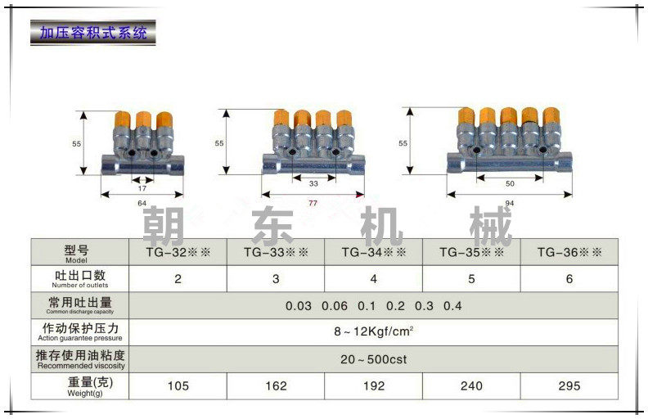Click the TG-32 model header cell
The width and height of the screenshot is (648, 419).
pos(178,253)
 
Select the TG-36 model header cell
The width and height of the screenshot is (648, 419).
pos(569,253)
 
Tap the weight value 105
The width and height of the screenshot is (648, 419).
pos(178,385)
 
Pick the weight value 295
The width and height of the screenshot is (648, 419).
pos(569,385)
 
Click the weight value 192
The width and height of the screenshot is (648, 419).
pos(374,385)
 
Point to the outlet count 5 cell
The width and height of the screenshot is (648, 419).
pos(471,278)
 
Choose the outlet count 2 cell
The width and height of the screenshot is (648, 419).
pos(178,278)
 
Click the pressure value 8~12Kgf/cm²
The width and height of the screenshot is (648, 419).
pos(374,332)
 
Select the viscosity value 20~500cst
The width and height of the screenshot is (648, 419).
pos(374,359)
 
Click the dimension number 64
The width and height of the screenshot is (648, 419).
pos(142,203)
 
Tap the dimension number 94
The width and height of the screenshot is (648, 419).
pos(509,202)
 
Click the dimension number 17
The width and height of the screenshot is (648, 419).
pos(142,187)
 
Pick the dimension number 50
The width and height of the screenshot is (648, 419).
pos(509,185)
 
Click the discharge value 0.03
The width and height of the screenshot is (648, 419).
pos(299,306)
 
